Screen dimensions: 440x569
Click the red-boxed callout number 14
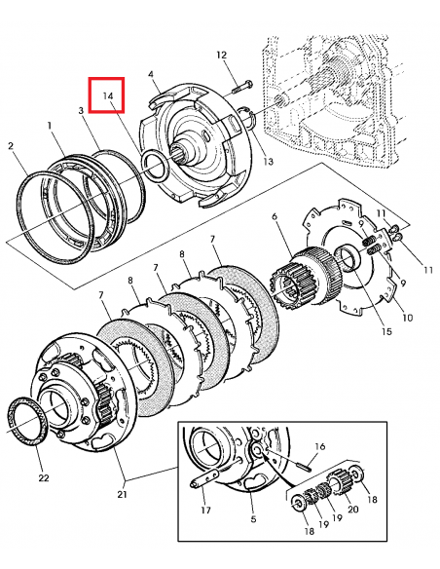click(x=108, y=95)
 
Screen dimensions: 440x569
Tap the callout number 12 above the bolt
click(x=221, y=56)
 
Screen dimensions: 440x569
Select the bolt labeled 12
click(x=241, y=87)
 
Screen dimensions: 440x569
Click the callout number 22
click(x=44, y=478)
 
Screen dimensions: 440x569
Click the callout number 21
click(x=122, y=494)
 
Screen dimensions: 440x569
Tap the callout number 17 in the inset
click(x=205, y=511)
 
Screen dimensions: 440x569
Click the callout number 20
click(x=353, y=510)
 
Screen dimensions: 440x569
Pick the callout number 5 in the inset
click(x=253, y=519)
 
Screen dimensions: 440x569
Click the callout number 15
click(x=386, y=331)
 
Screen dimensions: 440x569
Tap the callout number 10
click(x=408, y=318)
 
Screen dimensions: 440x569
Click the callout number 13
click(x=269, y=161)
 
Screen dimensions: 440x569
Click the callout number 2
click(x=11, y=146)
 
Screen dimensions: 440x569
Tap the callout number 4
click(x=151, y=74)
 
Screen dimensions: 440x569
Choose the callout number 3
click(x=81, y=110)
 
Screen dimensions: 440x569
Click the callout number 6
click(x=275, y=216)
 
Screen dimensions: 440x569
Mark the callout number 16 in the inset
click(x=320, y=446)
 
